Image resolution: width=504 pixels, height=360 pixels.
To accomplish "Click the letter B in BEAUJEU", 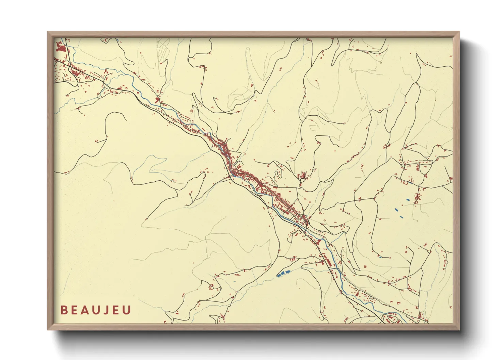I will coord(64,310).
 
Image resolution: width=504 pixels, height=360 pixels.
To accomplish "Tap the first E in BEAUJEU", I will coord(74,310).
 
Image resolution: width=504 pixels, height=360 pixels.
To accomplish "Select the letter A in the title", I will coord(85,310).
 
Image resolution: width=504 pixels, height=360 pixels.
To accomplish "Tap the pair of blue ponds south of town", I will coord(283,273).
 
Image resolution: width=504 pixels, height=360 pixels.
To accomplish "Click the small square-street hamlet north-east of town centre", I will coord(302,176).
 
